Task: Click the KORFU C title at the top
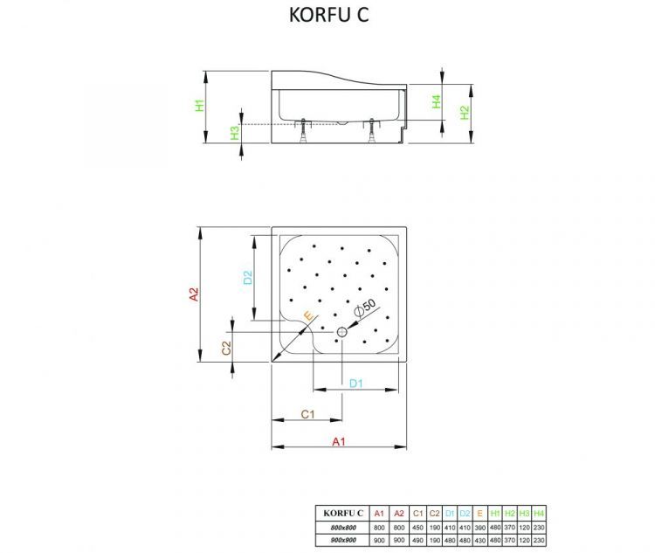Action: point(327,17)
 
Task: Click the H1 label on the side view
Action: point(199,106)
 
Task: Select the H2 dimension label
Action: point(465,111)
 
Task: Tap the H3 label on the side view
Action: point(234,133)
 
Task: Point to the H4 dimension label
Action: point(436,101)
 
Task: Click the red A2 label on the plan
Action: point(195,294)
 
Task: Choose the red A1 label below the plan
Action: point(340,442)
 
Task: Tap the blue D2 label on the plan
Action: point(248,278)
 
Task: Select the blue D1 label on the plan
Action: point(356,383)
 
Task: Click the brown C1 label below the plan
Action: point(307,414)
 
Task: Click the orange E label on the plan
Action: point(307,315)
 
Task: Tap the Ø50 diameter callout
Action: point(365,307)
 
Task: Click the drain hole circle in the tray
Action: point(342,332)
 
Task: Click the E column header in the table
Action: point(479,513)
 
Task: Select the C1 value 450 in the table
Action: point(417,528)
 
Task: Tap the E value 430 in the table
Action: point(479,542)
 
